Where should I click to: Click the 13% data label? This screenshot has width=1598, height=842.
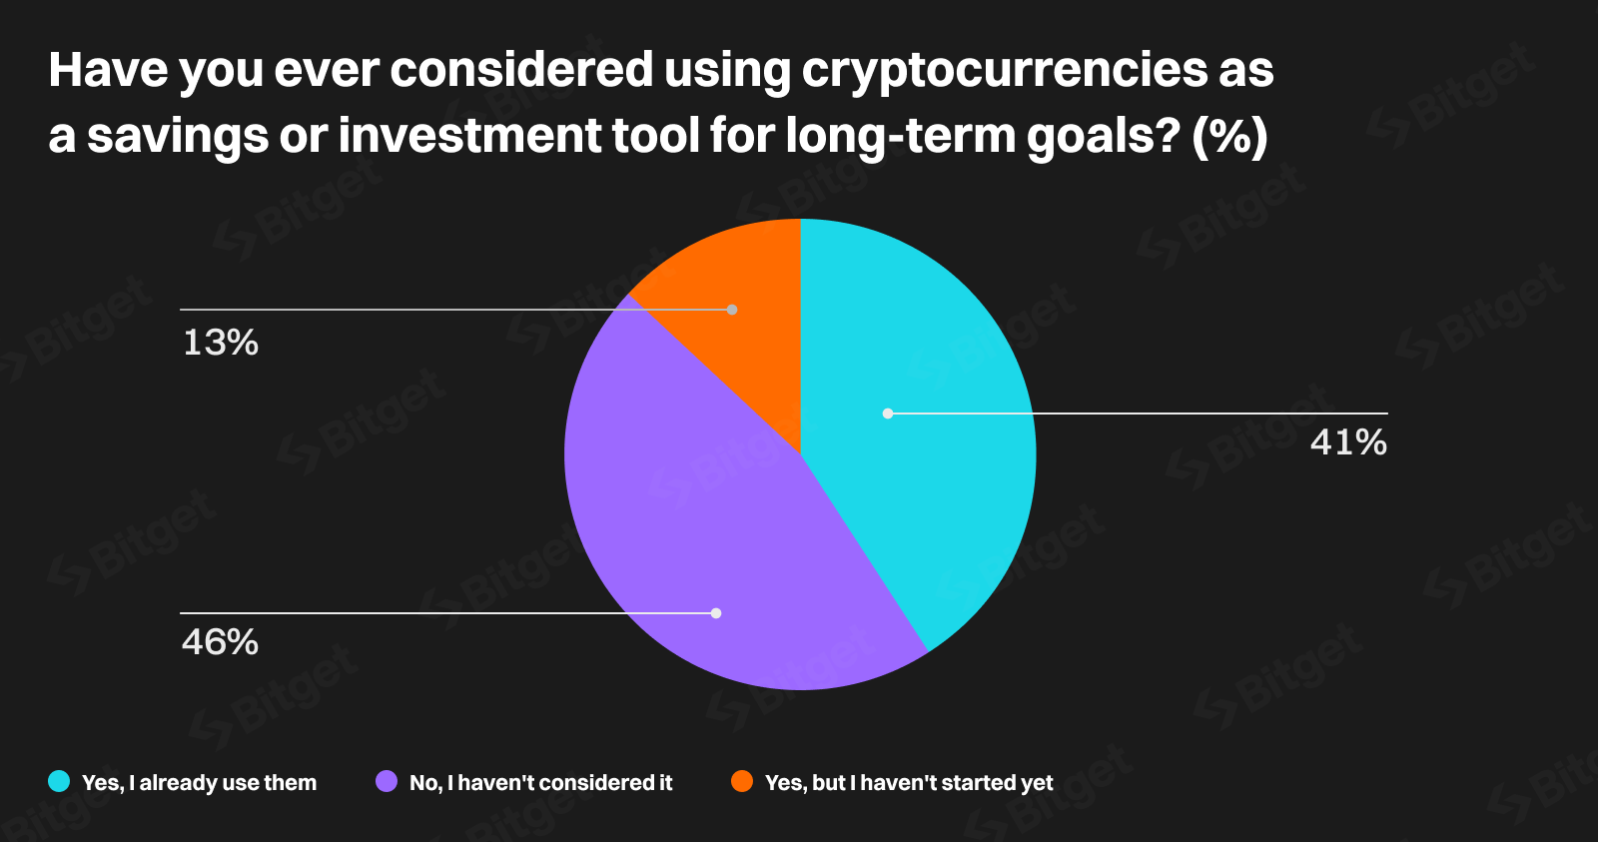point(221,343)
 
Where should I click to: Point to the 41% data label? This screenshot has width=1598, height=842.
point(1348,441)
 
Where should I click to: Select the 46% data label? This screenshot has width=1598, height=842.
point(221,642)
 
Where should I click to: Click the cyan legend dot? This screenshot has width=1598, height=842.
point(59,781)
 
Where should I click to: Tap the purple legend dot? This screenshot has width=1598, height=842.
point(387,781)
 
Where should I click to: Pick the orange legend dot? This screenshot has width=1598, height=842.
point(742,781)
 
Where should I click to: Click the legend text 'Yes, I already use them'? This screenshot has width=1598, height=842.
point(199,783)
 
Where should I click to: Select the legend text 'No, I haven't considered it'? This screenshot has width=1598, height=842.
point(540,783)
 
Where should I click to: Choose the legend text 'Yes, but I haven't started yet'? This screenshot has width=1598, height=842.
point(909,783)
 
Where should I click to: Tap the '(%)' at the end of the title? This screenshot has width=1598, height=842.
point(1230,136)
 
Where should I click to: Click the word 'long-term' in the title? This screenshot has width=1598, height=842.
point(900,136)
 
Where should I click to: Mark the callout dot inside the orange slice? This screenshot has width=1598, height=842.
point(732,310)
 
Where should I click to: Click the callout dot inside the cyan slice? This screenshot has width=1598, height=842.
point(888,413)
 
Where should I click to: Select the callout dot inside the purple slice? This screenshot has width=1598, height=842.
point(716,613)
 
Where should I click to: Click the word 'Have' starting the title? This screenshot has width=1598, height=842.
point(105,70)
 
